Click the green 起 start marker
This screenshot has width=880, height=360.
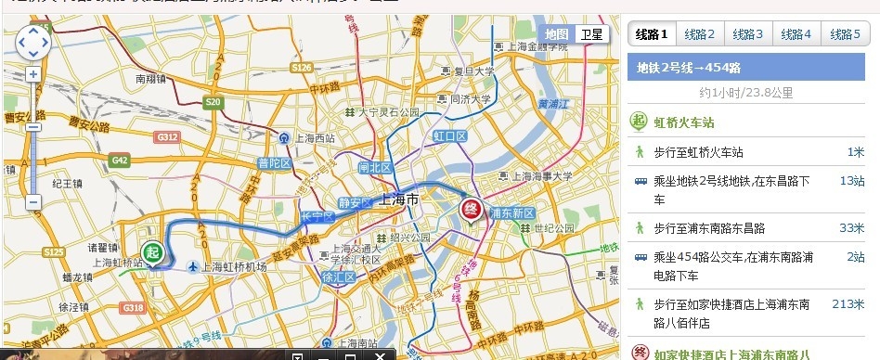[x=152, y=251]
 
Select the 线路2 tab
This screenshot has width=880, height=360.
[x=700, y=34]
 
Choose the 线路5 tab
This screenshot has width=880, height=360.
[x=845, y=34]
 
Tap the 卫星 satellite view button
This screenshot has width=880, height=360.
[x=591, y=34]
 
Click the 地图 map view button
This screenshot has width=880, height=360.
[x=557, y=34]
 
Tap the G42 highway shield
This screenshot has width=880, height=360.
[x=120, y=160]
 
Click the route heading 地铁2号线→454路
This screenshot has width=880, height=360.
[x=689, y=67]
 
